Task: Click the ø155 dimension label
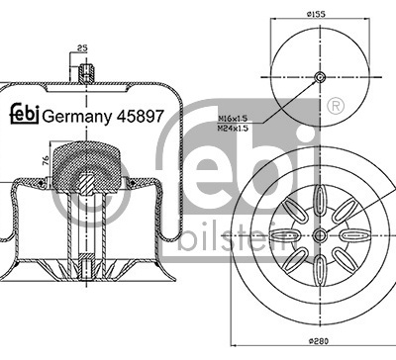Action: [316, 14]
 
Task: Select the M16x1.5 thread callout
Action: [233, 119]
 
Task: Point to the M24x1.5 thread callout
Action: [233, 128]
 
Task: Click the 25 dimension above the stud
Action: [82, 48]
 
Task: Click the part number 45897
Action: [141, 116]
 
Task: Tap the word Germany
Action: [78, 117]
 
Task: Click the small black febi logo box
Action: [25, 115]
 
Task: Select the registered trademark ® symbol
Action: [336, 106]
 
